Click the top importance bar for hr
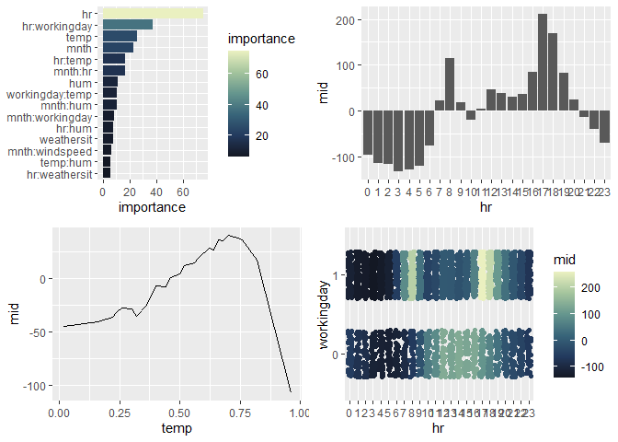[152, 13]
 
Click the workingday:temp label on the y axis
[49, 94]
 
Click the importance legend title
[260, 40]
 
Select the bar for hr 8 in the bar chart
[450, 85]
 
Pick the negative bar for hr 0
[367, 134]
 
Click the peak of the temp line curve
[230, 235]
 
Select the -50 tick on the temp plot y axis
[38, 331]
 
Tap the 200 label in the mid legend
[591, 288]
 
